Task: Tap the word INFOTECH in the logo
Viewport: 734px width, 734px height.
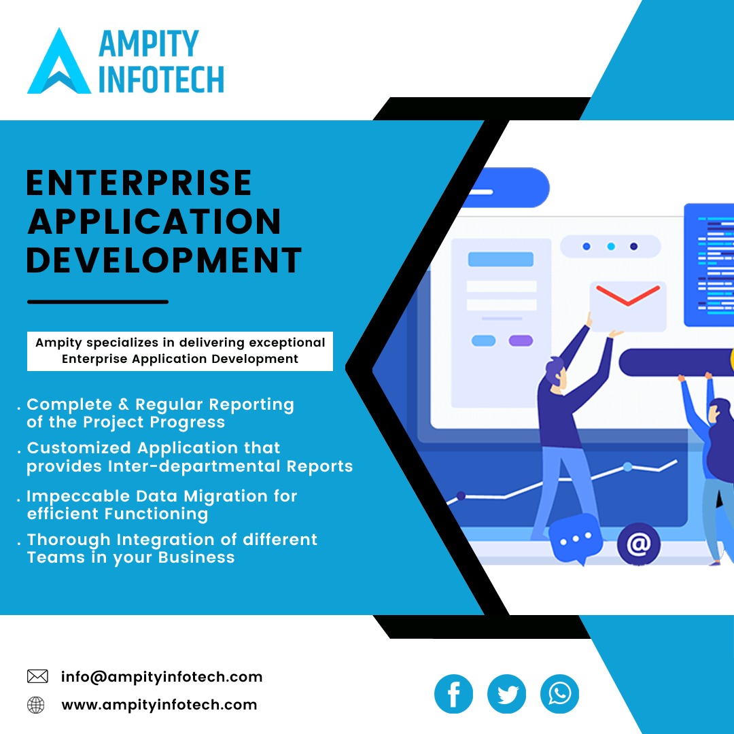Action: click(x=162, y=80)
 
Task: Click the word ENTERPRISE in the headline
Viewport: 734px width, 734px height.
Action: click(x=139, y=183)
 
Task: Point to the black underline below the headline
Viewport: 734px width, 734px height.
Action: click(x=98, y=302)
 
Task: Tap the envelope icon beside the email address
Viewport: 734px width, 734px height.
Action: click(x=37, y=676)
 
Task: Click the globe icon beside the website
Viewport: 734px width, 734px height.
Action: click(x=35, y=705)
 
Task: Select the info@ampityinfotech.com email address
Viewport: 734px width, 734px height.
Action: click(x=162, y=677)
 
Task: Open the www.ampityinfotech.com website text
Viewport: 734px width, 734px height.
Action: click(x=159, y=705)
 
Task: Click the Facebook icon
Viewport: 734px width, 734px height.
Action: click(x=453, y=694)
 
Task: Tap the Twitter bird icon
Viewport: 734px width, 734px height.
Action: click(x=506, y=694)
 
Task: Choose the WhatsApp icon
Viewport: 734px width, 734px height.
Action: click(x=559, y=694)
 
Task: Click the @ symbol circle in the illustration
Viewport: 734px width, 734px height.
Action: click(x=638, y=544)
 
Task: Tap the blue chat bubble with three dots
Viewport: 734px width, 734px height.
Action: click(x=576, y=538)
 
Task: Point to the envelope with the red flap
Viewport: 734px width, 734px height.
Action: click(x=628, y=306)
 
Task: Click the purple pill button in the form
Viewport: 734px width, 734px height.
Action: click(x=521, y=340)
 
